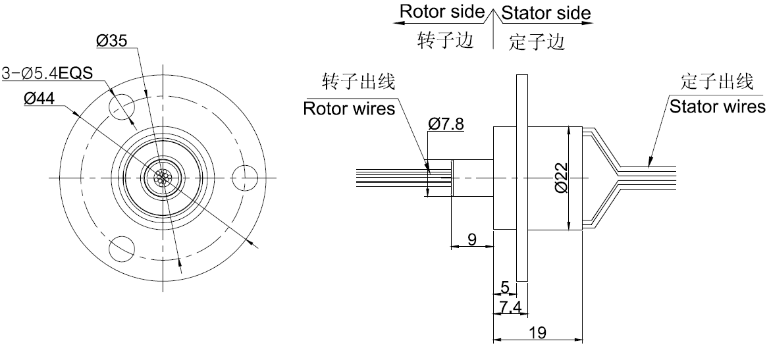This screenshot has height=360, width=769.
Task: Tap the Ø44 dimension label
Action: (x=39, y=99)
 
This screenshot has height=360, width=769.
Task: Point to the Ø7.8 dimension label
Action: (x=446, y=123)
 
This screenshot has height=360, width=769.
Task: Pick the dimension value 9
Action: (x=472, y=239)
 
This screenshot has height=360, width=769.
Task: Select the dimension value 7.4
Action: (x=510, y=306)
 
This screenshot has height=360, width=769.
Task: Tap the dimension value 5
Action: (x=505, y=287)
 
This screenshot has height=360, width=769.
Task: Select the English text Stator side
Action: (x=546, y=13)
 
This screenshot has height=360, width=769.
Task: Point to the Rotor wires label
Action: (x=349, y=108)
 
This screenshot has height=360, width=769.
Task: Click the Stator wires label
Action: (x=717, y=106)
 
